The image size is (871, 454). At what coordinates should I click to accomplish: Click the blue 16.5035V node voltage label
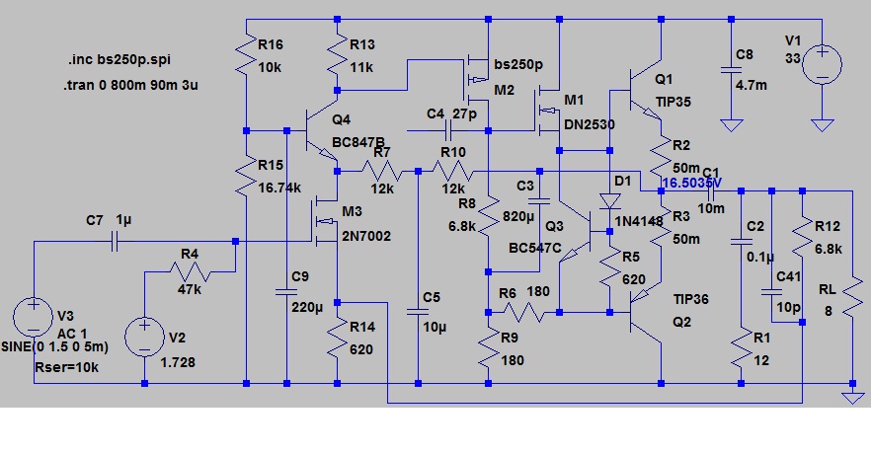(692, 184)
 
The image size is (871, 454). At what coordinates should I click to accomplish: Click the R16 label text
(270, 44)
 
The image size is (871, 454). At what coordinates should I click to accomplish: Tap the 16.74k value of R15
(278, 188)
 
